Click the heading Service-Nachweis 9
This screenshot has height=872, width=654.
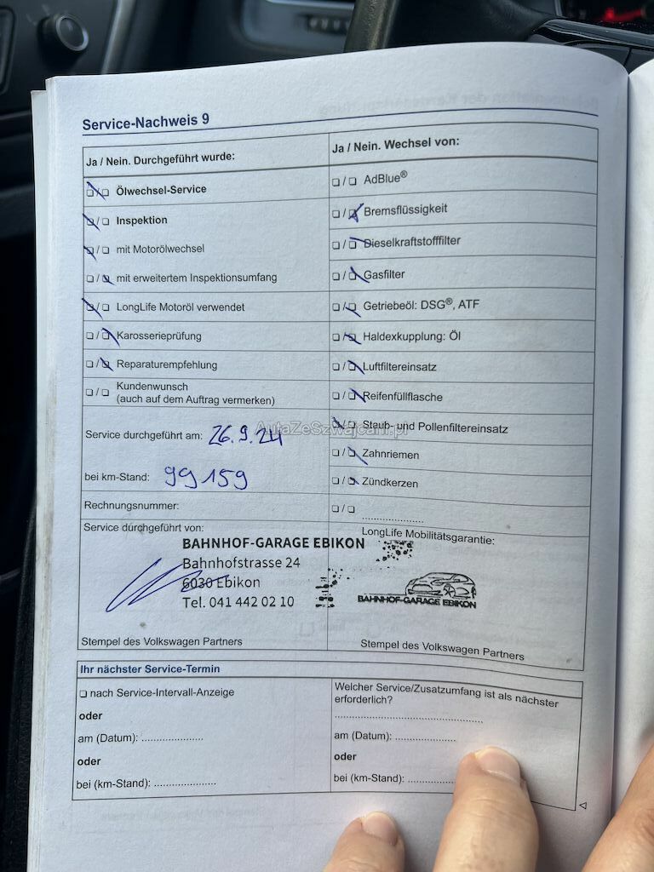(146, 122)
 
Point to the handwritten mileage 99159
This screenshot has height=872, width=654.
(206, 477)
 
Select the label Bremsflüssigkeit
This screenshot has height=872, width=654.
(405, 209)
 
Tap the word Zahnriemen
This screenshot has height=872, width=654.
(391, 455)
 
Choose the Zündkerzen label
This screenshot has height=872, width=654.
(390, 483)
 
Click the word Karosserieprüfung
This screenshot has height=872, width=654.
(159, 336)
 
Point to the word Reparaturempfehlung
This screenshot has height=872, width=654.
(167, 364)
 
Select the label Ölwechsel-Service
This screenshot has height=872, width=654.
(161, 190)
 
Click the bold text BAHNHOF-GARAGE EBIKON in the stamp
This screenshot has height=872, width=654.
(273, 543)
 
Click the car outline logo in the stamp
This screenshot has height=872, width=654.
(439, 585)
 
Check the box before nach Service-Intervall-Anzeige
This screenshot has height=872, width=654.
(83, 693)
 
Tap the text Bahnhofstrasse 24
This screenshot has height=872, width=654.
(241, 563)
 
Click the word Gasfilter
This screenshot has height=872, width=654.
(384, 274)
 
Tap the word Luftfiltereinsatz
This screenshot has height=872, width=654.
(399, 366)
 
